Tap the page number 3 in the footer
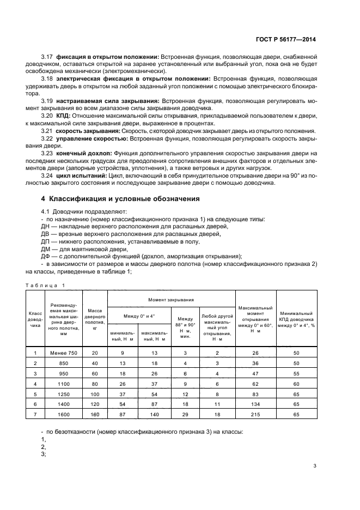[x=315, y=465]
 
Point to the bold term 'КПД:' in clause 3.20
[x=64, y=116]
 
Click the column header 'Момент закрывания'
[x=172, y=299]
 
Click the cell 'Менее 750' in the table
[x=65, y=353]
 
